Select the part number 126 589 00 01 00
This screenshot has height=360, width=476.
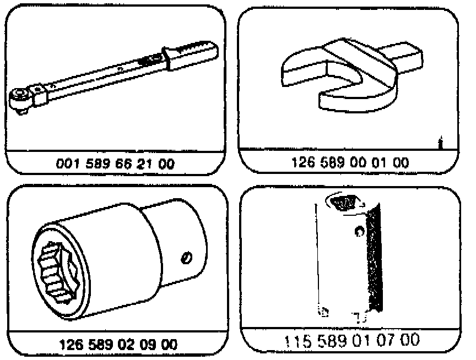tap(350, 163)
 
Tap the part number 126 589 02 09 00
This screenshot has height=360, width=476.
tap(118, 344)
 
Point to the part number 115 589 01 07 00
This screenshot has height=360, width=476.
tap(350, 340)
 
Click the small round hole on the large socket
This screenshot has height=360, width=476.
tap(187, 257)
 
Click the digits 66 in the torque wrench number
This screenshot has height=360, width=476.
tap(128, 163)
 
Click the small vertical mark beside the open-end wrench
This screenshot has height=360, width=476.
tap(439, 143)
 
